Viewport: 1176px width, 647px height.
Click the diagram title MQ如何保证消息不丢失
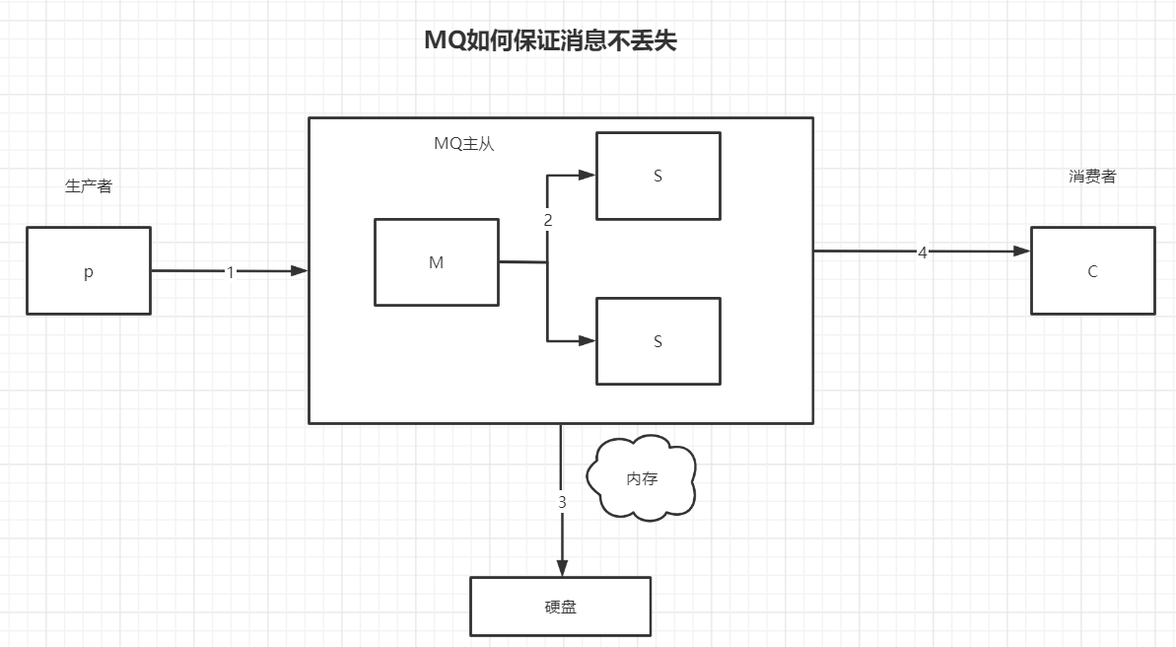(550, 40)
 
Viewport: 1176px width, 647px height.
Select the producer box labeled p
(89, 271)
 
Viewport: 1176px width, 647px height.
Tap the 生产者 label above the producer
(89, 186)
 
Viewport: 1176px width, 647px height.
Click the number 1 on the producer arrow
(231, 272)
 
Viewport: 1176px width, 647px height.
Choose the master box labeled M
(436, 262)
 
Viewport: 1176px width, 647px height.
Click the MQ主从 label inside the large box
(464, 144)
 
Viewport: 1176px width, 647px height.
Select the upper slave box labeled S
(657, 176)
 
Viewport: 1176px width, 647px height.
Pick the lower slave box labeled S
(657, 341)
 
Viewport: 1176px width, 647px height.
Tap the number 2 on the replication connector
(548, 221)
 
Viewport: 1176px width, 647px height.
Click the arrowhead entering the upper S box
(588, 175)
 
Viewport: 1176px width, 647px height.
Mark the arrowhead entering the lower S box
(588, 341)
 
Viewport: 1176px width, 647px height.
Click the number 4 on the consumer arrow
(923, 252)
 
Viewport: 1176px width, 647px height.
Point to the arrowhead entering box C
(1022, 252)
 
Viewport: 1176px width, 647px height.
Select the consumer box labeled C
(1092, 271)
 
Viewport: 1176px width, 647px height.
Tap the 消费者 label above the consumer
(1092, 178)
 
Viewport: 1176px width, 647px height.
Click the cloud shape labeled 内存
(642, 478)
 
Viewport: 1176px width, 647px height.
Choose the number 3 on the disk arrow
(562, 502)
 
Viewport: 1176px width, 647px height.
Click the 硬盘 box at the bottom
(560, 607)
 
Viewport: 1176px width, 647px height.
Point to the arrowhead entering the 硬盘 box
(562, 568)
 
